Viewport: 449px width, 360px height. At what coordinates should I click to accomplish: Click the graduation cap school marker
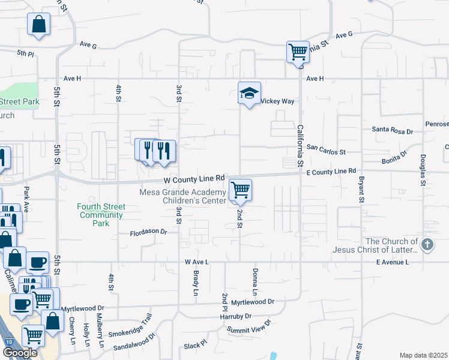click(x=249, y=93)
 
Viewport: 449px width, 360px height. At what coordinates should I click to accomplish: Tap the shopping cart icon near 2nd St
click(x=240, y=191)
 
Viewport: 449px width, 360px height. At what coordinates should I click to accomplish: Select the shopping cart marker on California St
click(x=298, y=52)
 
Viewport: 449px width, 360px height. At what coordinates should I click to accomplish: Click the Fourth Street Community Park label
click(x=101, y=215)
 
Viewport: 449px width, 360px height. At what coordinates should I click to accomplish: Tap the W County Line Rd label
click(x=194, y=178)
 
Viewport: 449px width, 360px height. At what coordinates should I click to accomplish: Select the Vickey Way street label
click(x=277, y=101)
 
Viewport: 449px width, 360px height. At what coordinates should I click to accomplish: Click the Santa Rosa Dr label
click(x=393, y=130)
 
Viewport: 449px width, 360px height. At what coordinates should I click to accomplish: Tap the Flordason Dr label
click(x=149, y=231)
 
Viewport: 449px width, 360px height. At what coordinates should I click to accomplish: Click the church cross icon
click(x=427, y=244)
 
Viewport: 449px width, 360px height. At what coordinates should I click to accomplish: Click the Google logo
click(x=20, y=353)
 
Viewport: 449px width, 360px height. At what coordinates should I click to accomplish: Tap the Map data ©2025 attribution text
click(x=423, y=355)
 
